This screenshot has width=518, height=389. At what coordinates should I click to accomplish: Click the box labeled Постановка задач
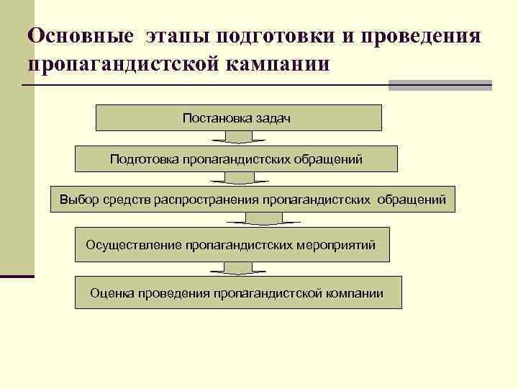238,117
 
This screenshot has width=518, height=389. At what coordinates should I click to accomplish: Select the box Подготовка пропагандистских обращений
236,158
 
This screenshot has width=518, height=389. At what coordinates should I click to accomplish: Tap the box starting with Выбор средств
253,199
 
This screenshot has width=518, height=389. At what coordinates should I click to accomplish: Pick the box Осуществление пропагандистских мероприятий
231,245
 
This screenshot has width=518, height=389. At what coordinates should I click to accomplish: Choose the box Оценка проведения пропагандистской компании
237,293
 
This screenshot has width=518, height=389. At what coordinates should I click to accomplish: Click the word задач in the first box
273,117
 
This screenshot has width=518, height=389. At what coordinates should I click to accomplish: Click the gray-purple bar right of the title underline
440,85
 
